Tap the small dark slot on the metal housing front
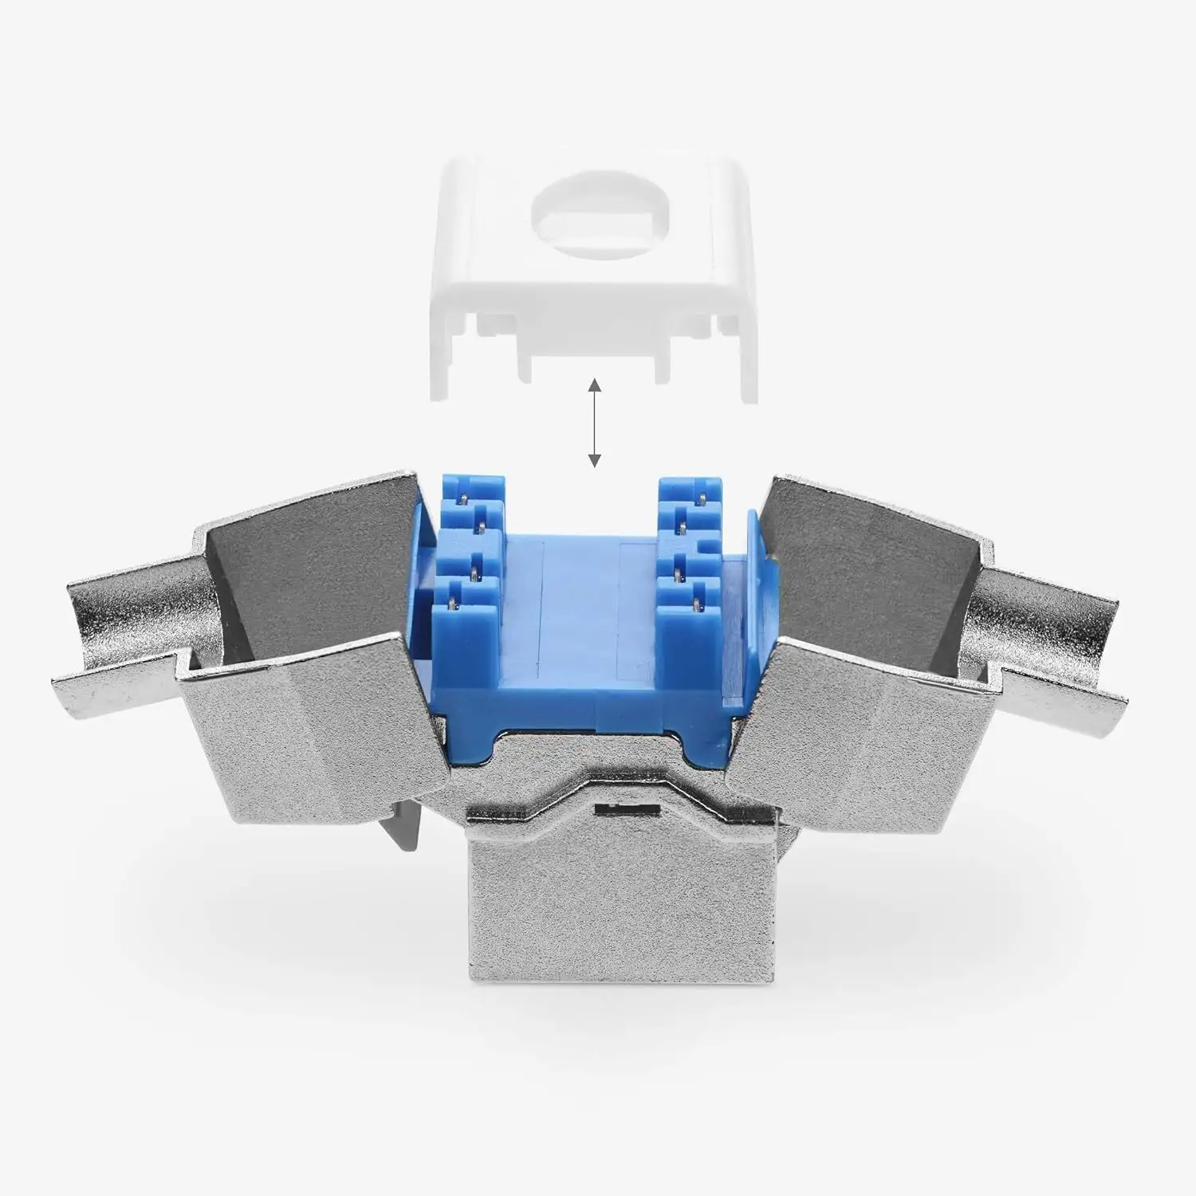(629, 809)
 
